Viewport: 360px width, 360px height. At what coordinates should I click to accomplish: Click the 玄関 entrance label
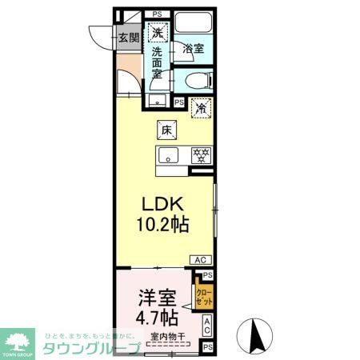[129, 37]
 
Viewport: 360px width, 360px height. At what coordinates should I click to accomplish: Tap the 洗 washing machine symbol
[158, 33]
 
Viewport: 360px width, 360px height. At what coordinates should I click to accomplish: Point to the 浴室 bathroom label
[194, 48]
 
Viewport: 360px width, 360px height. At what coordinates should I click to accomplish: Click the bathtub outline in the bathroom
[194, 24]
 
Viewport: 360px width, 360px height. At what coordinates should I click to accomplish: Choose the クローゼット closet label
[204, 298]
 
